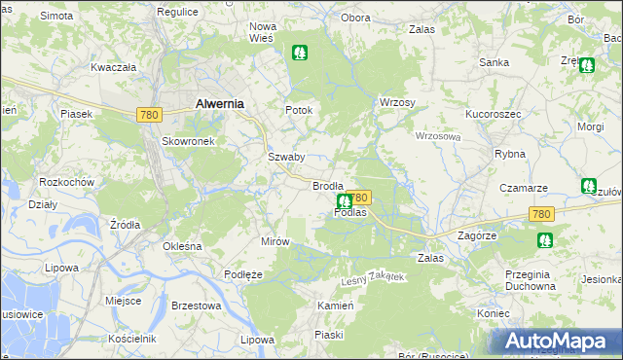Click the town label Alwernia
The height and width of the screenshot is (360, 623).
point(219,103)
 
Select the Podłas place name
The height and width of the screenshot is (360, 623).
point(349,212)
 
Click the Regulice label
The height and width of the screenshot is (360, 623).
point(177,11)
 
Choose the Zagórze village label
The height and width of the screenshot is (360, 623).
point(477,235)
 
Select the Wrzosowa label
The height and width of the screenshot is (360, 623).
point(437,136)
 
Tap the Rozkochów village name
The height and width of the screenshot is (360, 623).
point(66,182)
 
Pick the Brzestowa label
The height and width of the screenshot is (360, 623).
point(196,306)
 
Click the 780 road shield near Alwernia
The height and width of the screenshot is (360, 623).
point(148,115)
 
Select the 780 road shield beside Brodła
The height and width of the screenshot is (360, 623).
point(359,197)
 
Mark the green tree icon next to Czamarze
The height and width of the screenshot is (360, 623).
point(588,186)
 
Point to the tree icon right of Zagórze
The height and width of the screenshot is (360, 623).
point(543,239)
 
